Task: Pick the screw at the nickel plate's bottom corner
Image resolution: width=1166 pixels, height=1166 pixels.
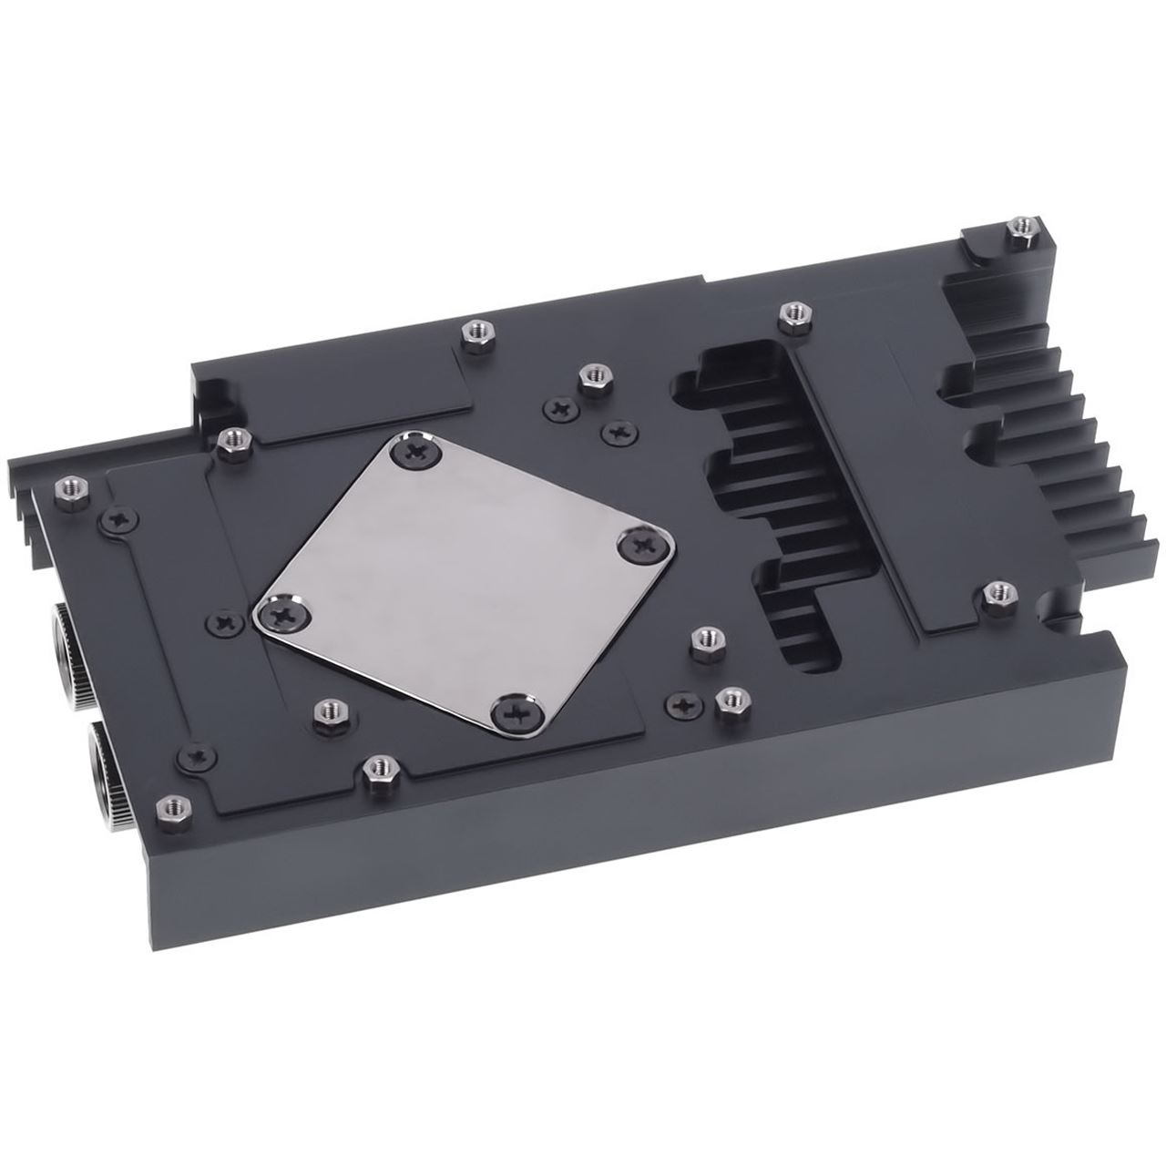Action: (x=516, y=709)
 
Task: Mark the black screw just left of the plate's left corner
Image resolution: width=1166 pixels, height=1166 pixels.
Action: (x=223, y=622)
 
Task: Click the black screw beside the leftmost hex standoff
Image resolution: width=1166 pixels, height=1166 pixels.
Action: (x=118, y=519)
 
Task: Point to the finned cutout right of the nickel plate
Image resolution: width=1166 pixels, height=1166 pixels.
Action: (x=774, y=510)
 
